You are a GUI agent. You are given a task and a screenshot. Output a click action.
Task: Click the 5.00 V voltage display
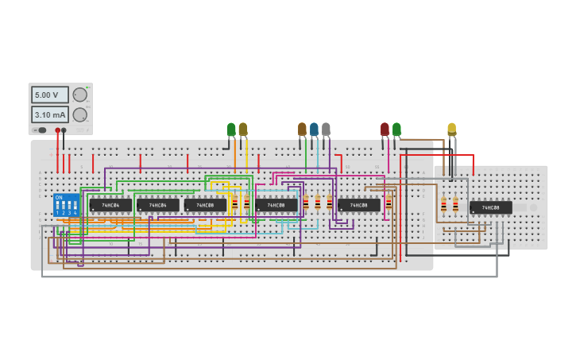(49, 95)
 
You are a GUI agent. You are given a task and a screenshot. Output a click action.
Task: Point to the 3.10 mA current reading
(49, 114)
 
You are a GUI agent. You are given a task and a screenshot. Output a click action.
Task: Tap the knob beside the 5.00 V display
(79, 95)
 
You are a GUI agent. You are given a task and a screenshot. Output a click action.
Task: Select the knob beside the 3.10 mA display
(79, 114)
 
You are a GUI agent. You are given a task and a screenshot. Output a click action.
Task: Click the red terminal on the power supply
(58, 130)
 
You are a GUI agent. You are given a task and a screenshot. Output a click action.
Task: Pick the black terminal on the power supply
(64, 130)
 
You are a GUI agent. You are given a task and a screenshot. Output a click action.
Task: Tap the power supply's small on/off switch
(39, 130)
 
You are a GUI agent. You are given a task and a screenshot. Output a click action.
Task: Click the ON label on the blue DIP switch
(59, 197)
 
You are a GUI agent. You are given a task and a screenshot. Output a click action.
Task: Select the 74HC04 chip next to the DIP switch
(110, 205)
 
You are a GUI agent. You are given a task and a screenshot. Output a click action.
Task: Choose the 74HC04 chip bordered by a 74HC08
(157, 205)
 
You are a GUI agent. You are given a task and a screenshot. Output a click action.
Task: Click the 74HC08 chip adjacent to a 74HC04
(205, 205)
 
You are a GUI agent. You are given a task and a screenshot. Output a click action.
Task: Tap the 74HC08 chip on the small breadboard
(490, 207)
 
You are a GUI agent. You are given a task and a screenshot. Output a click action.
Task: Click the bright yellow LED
(451, 128)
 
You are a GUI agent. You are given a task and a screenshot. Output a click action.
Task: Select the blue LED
(314, 129)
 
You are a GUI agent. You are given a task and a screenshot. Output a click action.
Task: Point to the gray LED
(326, 129)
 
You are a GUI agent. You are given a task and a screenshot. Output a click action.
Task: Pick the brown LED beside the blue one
(302, 129)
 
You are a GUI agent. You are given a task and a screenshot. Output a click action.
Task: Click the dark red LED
(385, 129)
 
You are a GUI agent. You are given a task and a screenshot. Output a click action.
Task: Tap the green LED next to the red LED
(396, 129)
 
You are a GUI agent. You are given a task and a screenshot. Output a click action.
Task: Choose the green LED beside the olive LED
(231, 129)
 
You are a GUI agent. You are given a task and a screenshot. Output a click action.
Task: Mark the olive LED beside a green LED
(243, 129)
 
